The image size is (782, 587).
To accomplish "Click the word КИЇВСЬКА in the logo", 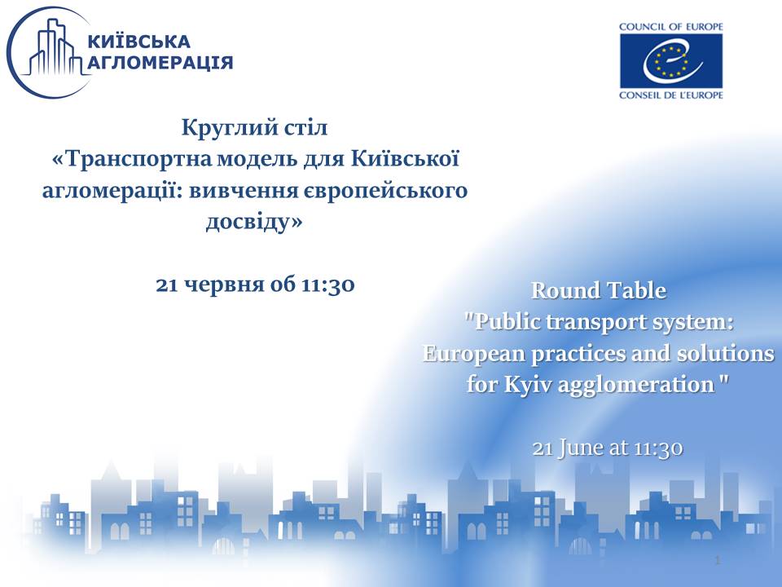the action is pos(138,41).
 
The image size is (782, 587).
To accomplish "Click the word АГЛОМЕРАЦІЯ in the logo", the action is pos(160,63).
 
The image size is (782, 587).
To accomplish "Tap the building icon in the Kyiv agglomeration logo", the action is pos(54,47).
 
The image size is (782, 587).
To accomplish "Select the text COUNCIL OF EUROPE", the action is pos(670,27).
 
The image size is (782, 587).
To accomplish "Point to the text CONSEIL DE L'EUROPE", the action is pos(670,95).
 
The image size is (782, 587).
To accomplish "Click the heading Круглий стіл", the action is pos(254,127).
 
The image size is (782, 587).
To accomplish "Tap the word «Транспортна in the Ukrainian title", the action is pos(133,160).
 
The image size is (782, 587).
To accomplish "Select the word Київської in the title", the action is pos(405,159).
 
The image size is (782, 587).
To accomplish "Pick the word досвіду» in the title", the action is pos(254,222).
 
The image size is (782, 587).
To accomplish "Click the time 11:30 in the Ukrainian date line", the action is pos(328,285).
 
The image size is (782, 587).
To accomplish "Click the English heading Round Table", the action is pos(599,290).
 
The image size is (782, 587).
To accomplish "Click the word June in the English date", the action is pos(581,448).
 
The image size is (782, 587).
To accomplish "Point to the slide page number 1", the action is pos(718,560).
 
